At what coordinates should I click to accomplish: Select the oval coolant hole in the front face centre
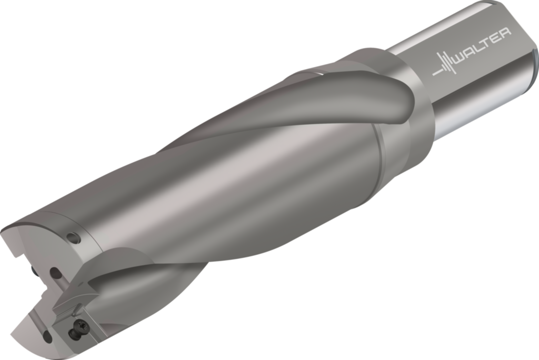click(55, 273)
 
